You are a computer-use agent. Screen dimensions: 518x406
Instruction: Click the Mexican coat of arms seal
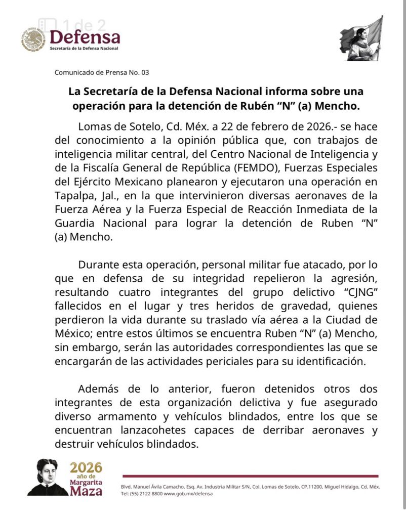[x=33, y=39]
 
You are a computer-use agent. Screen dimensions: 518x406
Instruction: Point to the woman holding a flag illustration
[x=361, y=38]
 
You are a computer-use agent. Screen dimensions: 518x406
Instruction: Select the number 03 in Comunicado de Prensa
[x=145, y=72]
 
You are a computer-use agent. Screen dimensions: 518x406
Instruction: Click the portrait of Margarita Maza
[x=47, y=478]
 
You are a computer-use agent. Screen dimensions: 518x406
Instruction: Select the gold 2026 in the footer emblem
[x=86, y=467]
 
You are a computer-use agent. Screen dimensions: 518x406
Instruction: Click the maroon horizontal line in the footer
[x=250, y=476]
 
